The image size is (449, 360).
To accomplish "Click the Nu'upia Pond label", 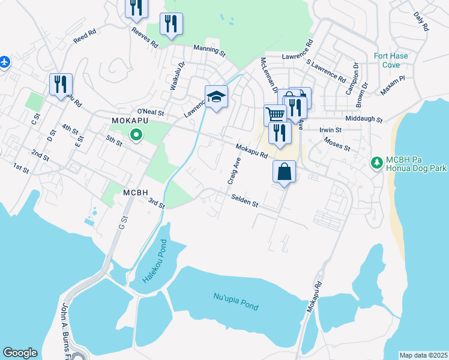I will point(236,301).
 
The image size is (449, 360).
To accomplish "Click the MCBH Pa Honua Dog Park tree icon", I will point(377,162).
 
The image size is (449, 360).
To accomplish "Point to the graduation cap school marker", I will point(216,96).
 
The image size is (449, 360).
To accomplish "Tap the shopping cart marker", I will point(275,113).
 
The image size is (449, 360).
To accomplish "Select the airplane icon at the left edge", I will point(5,62).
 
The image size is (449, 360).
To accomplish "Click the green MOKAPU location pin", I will point(136,135).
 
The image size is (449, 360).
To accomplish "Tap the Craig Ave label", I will point(234,171).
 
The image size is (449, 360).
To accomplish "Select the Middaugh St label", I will point(365,119).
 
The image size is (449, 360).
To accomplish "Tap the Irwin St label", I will point(330,130).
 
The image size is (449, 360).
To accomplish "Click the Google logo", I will point(20,353).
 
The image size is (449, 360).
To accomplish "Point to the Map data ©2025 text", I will point(423,355).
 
